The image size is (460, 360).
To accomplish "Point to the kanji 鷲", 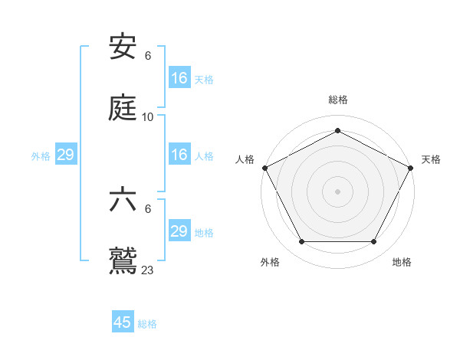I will click(x=123, y=260).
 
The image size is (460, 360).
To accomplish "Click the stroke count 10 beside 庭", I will click(x=148, y=117).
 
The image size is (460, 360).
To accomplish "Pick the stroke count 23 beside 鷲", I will click(x=148, y=270).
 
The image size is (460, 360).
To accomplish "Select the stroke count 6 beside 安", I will click(x=148, y=56).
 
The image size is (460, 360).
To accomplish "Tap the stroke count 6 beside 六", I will click(x=148, y=209).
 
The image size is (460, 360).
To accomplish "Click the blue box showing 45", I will click(x=123, y=322).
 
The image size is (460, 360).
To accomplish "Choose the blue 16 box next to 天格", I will click(x=179, y=78).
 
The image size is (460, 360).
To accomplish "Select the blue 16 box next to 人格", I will click(x=179, y=155).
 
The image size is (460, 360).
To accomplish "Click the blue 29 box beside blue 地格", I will click(x=179, y=231).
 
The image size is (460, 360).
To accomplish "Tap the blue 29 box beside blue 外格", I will click(x=66, y=155).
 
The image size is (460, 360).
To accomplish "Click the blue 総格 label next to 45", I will click(x=147, y=324).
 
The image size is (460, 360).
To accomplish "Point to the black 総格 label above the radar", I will click(x=338, y=100).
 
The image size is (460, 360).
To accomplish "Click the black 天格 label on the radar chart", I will click(x=431, y=159).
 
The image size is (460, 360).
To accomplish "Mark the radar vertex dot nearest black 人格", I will click(x=264, y=167).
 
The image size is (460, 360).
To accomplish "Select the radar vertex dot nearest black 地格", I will click(x=373, y=242).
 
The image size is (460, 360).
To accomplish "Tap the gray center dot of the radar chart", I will click(x=337, y=191).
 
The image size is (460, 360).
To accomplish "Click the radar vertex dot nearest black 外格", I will click(x=301, y=242).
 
